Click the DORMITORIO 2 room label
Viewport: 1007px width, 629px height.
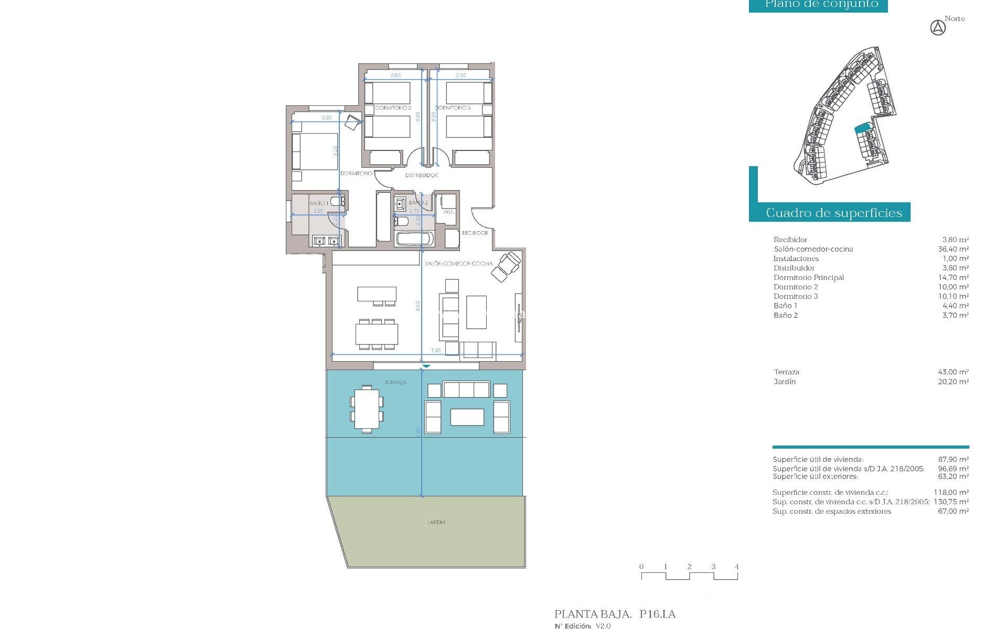(x=393, y=107)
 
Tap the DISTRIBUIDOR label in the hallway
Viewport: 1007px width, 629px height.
(x=421, y=175)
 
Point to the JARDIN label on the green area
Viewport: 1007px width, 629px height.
(x=436, y=522)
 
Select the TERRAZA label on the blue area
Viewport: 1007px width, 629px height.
(x=395, y=382)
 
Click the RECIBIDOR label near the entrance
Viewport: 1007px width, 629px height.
(x=475, y=233)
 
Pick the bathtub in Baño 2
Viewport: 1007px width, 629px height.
(x=413, y=239)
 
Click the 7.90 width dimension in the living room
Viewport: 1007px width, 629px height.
(x=436, y=350)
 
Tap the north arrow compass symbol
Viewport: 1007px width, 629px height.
(x=938, y=28)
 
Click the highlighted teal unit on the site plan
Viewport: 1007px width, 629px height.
(x=862, y=128)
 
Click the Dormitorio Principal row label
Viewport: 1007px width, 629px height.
(x=808, y=277)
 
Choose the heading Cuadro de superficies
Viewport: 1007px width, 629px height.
(x=833, y=213)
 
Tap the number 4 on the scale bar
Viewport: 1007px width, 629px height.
(x=736, y=567)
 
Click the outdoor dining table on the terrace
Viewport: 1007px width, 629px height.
(x=367, y=409)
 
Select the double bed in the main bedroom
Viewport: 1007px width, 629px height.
(x=315, y=151)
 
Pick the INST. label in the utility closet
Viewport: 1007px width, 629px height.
(x=448, y=212)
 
